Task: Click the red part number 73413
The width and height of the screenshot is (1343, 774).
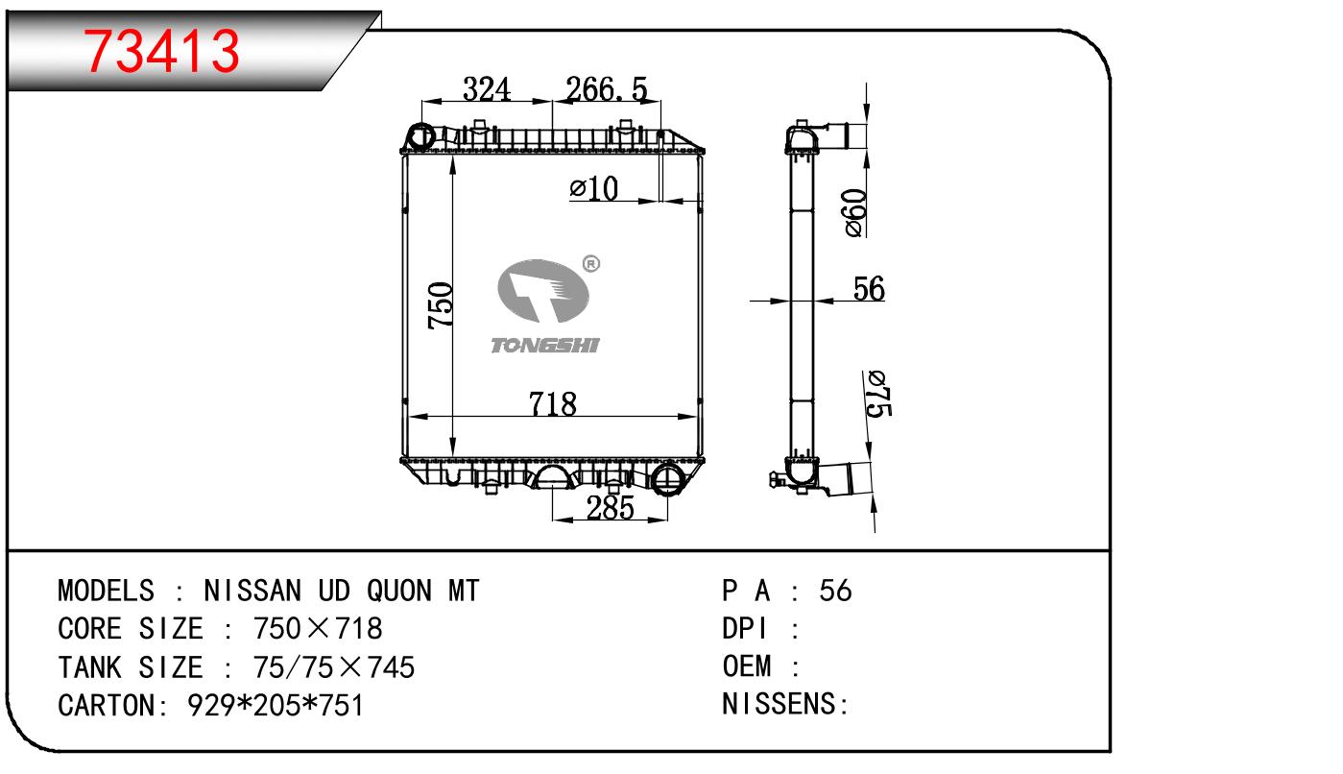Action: click(161, 51)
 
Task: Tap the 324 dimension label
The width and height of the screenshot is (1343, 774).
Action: click(487, 89)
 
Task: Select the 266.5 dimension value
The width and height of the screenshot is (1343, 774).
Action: click(606, 89)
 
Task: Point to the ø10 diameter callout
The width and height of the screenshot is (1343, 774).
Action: click(593, 189)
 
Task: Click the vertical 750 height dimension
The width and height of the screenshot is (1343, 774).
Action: click(441, 305)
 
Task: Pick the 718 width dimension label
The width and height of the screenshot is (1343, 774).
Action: click(552, 403)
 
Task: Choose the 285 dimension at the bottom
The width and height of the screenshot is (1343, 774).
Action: click(610, 508)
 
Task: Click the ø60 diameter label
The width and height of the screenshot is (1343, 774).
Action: click(855, 213)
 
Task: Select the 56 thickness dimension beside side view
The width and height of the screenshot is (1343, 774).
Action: click(869, 288)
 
